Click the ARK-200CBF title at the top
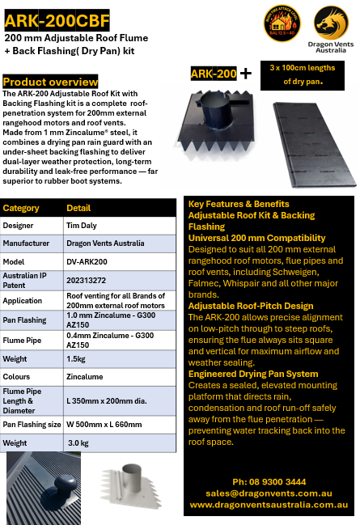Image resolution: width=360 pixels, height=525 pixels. tap(57, 19)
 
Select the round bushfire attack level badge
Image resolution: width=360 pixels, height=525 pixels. tap(282, 28)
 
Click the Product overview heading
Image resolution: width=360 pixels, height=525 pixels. tap(50, 83)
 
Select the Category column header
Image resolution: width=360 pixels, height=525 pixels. tap(22, 208)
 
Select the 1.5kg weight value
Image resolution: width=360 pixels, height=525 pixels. tap(77, 358)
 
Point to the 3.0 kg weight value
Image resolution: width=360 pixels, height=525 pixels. tap(78, 443)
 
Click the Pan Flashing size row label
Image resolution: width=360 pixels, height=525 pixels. tap(32, 424)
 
